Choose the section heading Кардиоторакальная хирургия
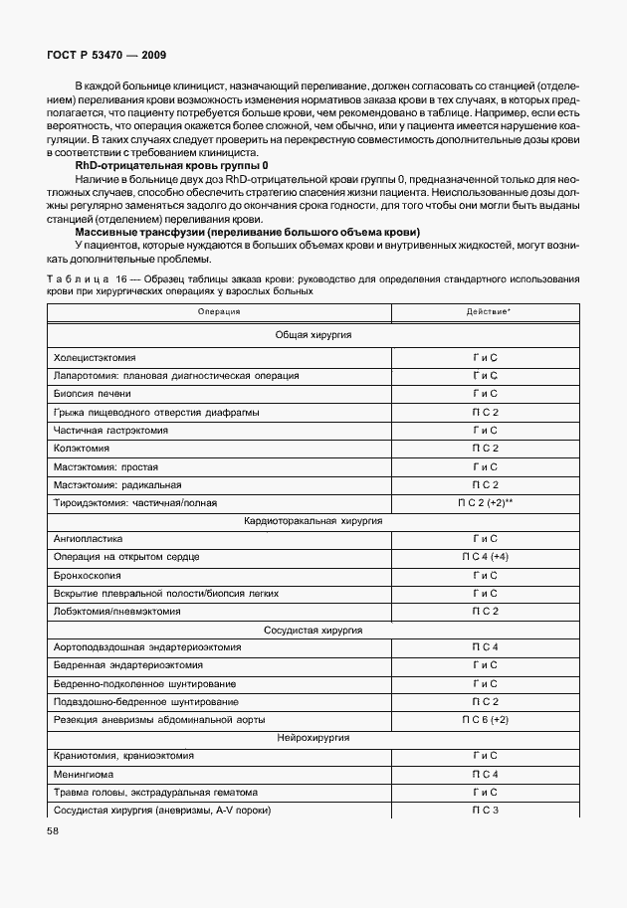pyautogui.click(x=313, y=520)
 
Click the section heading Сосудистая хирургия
pyautogui.click(x=313, y=630)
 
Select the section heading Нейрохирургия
pyautogui.click(x=313, y=738)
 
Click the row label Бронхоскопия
pyautogui.click(x=87, y=575)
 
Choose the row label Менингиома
pyautogui.click(x=83, y=774)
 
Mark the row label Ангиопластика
pyautogui.click(x=87, y=538)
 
